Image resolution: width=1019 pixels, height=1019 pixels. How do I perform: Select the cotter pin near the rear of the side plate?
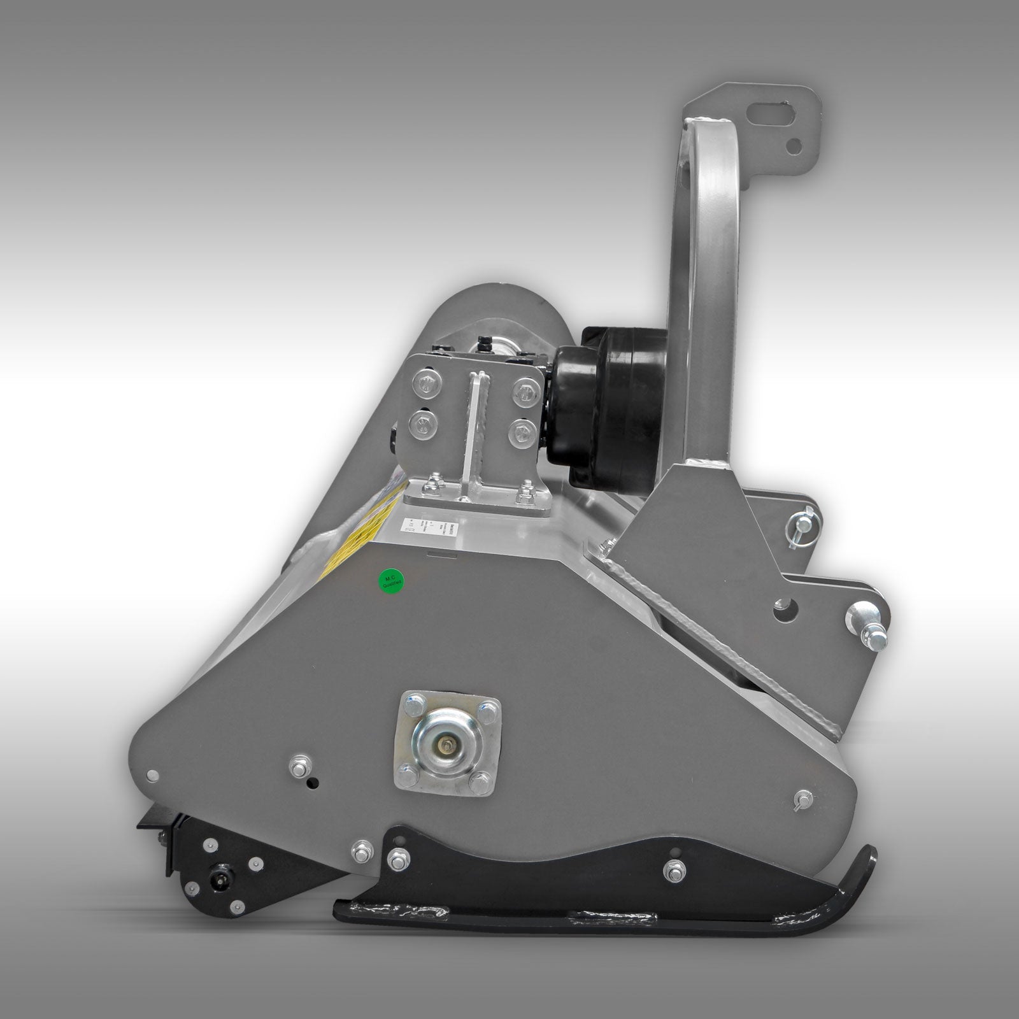tap(804, 799)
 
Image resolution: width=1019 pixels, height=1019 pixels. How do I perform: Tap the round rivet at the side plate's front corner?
tap(152, 776)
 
